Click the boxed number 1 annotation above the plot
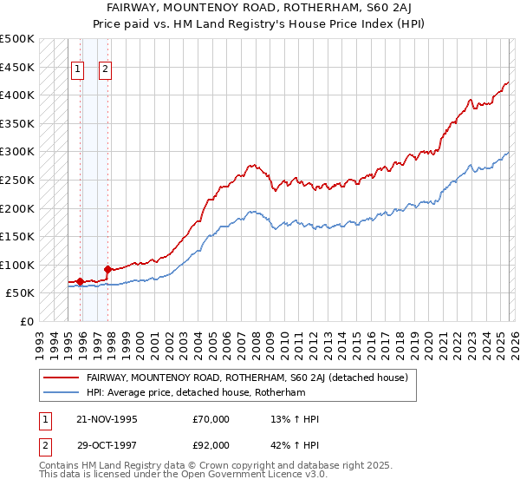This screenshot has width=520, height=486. pos(77,70)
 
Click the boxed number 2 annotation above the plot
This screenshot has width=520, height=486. pos(105,70)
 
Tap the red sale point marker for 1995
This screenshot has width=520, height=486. pos(80,281)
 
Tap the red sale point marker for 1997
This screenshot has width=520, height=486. pos(107,269)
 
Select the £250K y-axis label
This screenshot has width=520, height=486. pos(17,180)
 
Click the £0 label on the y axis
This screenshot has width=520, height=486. pos(26,321)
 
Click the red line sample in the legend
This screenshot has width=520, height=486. pos(62,378)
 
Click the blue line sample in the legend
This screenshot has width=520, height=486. pos(62,392)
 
